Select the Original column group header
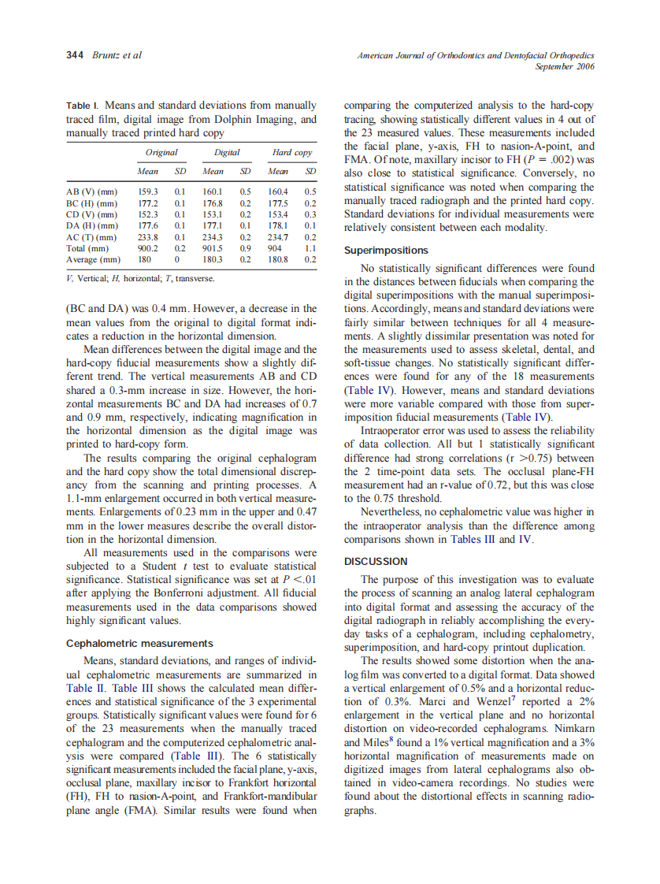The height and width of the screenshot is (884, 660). click(161, 153)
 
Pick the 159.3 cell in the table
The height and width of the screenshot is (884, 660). click(148, 191)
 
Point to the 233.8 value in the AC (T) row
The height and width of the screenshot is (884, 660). click(148, 236)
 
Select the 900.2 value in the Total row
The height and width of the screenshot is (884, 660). click(148, 247)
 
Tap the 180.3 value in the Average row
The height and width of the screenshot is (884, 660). click(213, 258)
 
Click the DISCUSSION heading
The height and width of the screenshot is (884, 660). click(376, 561)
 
